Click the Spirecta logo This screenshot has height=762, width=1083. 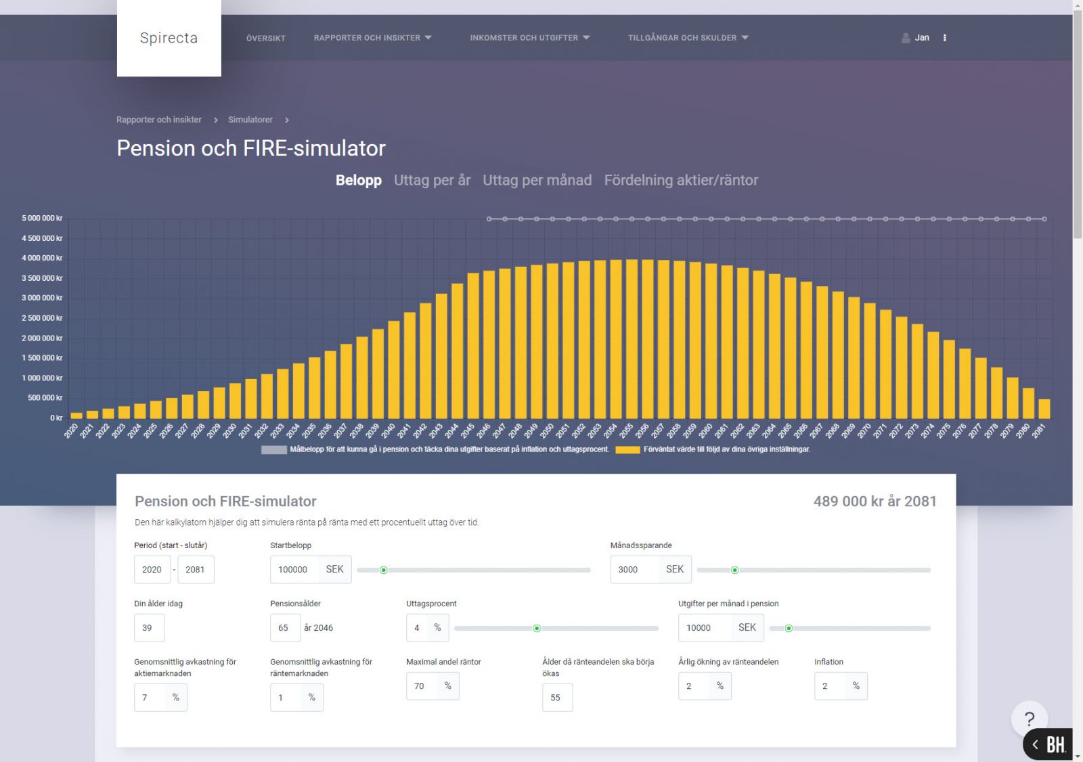169,38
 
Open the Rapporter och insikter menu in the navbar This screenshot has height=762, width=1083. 372,38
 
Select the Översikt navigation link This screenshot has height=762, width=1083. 265,39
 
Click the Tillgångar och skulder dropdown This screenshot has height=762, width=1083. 688,38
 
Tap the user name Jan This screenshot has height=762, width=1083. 921,38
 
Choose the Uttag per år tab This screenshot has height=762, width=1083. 432,180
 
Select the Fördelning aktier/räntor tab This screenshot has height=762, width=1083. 681,180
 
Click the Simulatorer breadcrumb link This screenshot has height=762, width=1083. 250,120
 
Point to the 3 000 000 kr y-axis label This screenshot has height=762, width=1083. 42,298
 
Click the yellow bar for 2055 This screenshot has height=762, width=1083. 632,338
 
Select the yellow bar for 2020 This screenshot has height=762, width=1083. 76,416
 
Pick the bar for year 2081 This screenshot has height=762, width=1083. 1044,409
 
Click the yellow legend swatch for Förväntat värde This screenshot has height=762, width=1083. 627,449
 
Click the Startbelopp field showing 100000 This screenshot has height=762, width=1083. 294,570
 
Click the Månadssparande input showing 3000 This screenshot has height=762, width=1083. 634,570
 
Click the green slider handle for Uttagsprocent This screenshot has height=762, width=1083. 537,629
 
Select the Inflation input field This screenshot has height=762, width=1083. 830,686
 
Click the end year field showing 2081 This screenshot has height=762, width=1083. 196,570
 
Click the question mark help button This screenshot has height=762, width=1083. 1029,719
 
